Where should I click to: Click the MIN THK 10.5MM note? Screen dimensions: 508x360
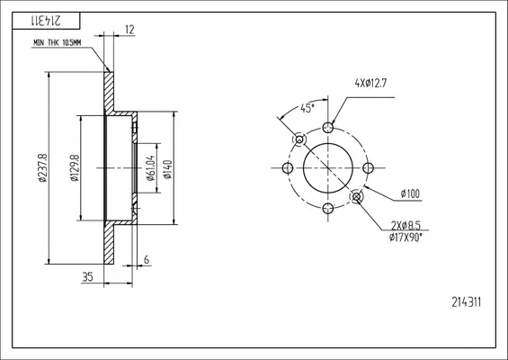(57, 43)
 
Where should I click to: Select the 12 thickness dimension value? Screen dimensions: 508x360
(129, 30)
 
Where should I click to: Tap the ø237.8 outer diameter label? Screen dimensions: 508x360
(43, 167)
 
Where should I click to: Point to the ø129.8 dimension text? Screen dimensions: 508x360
(75, 167)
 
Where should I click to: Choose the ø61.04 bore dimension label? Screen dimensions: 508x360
(151, 168)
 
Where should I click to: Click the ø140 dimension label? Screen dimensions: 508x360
(167, 169)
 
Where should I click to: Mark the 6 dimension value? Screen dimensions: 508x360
(147, 259)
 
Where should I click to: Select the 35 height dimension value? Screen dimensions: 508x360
(87, 276)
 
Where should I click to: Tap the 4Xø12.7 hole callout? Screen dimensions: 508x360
(370, 84)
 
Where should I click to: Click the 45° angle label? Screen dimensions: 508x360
(307, 108)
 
